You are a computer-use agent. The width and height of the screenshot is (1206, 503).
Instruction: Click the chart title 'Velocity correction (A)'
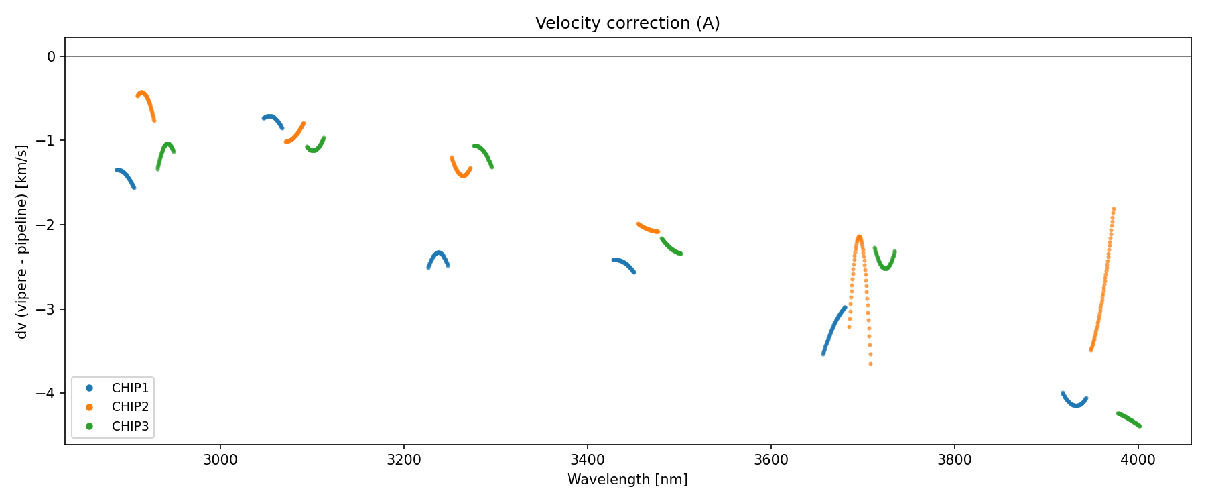(627, 23)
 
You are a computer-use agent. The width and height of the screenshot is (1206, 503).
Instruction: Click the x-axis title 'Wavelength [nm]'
(627, 480)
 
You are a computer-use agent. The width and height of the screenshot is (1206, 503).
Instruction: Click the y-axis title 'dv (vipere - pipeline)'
(22, 241)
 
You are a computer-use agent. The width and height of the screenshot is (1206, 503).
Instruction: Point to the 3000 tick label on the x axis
(220, 460)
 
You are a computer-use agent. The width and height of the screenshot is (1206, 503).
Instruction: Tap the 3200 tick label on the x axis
(404, 460)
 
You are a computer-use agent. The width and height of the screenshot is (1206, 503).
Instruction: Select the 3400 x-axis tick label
(588, 460)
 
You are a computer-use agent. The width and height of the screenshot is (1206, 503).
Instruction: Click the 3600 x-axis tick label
(771, 460)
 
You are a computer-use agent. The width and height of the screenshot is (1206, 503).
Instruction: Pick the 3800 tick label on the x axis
(955, 460)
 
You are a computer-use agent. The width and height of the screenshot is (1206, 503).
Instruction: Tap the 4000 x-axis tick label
(1138, 460)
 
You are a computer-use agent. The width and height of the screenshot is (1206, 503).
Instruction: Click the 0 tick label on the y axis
(52, 56)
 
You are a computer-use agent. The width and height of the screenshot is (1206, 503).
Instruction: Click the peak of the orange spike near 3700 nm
(859, 237)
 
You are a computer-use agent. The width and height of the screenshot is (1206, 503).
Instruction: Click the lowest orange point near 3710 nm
(871, 364)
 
